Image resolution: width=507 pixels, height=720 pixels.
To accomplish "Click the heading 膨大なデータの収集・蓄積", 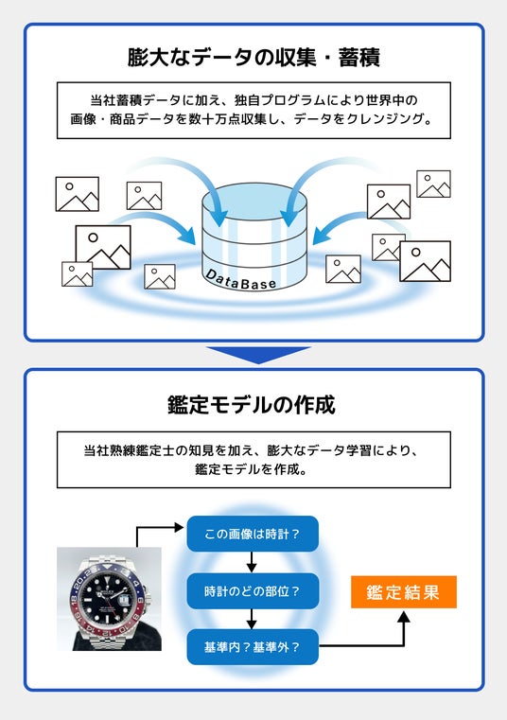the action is pyautogui.click(x=253, y=58).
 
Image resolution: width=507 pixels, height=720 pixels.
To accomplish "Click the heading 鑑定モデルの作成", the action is pyautogui.click(x=252, y=405).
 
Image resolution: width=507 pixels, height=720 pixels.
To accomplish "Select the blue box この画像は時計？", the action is pyautogui.click(x=253, y=534).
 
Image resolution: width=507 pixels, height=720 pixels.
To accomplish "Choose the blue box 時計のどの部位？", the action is pyautogui.click(x=253, y=590).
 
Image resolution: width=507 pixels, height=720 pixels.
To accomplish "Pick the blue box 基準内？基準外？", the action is pyautogui.click(x=253, y=647).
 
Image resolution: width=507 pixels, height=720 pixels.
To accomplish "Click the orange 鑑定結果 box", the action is pyautogui.click(x=404, y=592).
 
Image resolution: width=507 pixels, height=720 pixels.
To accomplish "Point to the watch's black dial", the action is pyautogui.click(x=108, y=598).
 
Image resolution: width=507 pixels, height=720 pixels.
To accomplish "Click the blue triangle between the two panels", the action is pyautogui.click(x=258, y=355).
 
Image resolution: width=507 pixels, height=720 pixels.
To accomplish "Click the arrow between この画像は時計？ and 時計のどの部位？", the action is pyautogui.click(x=252, y=562).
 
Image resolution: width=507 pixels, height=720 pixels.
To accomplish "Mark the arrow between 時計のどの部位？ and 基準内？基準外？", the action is pyautogui.click(x=252, y=619).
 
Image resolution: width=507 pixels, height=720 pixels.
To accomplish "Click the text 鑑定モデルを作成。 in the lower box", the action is pyautogui.click(x=252, y=469).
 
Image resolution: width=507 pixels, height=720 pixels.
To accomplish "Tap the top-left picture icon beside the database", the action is pyautogui.click(x=78, y=194).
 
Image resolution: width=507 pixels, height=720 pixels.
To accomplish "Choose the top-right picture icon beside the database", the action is pyautogui.click(x=433, y=184).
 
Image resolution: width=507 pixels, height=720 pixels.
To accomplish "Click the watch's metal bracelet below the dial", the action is pyautogui.click(x=114, y=640).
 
